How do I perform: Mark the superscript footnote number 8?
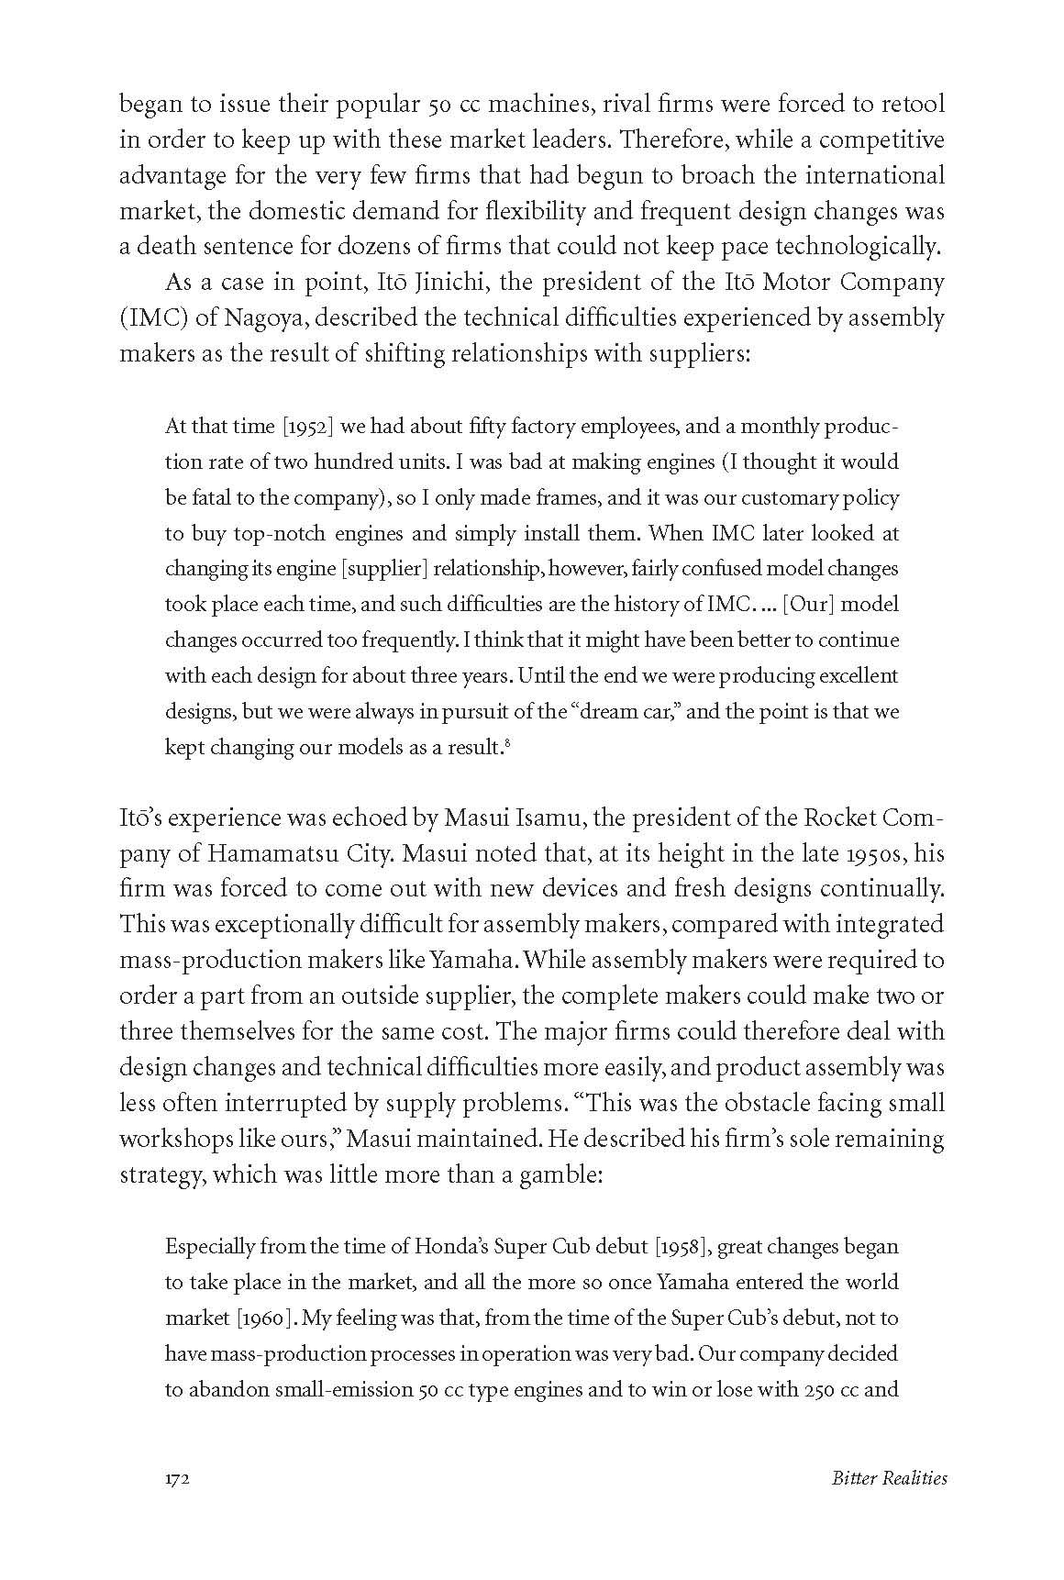(x=507, y=743)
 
